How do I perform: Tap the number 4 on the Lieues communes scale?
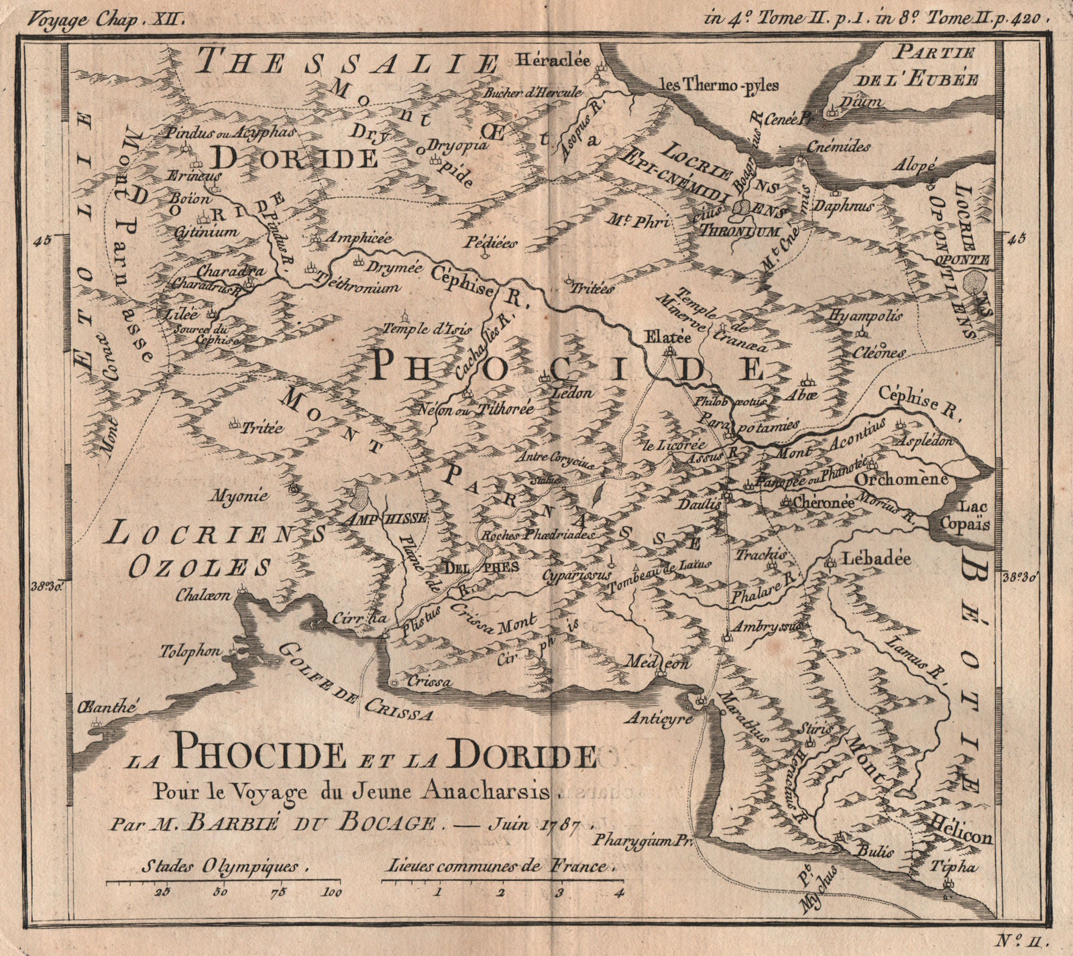click(x=618, y=892)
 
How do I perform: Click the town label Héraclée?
click(x=553, y=60)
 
